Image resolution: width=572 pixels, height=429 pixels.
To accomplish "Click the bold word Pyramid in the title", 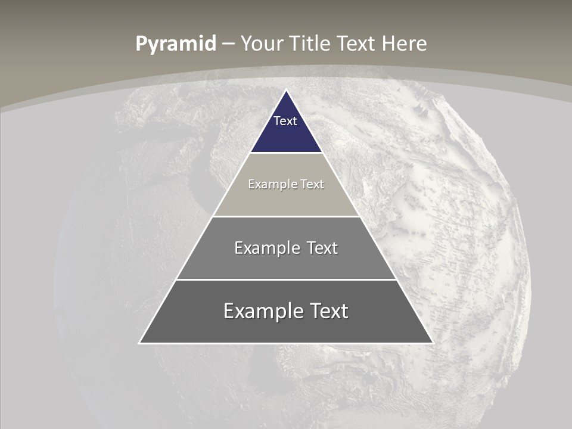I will click(176, 44).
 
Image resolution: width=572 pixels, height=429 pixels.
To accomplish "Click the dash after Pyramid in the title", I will click(228, 44).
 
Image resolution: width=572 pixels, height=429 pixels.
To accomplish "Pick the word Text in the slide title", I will click(356, 43).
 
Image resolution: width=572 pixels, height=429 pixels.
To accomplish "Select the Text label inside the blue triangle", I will click(285, 121).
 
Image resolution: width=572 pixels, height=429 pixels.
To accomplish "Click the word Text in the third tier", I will click(322, 248).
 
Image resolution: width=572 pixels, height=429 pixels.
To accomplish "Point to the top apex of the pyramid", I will click(286, 91).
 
